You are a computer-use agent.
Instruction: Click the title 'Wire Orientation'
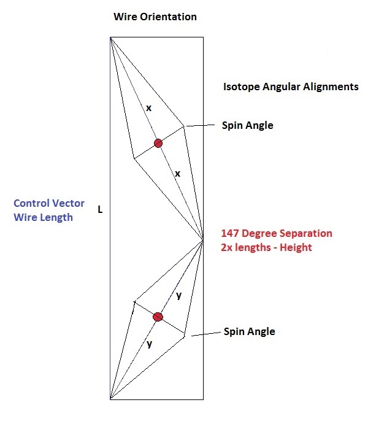pos(155,17)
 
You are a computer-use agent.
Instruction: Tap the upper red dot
pos(158,143)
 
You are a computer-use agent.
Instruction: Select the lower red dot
pos(158,317)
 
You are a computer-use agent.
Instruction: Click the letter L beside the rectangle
pos(100,210)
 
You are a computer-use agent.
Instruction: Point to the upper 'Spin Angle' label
pos(247,125)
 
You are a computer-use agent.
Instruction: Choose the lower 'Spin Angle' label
pos(249,331)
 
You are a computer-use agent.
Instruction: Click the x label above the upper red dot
pos(148,107)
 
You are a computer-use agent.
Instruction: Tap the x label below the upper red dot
pos(177,174)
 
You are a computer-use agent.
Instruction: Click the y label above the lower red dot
pos(178,295)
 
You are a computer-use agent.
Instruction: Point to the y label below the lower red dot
pos(149,344)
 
